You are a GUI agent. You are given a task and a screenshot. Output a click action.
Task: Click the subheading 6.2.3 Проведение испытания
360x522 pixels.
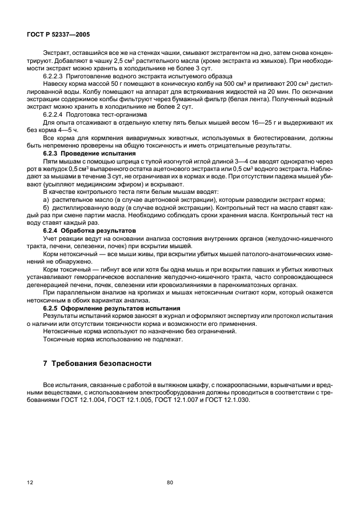point(90,154)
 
